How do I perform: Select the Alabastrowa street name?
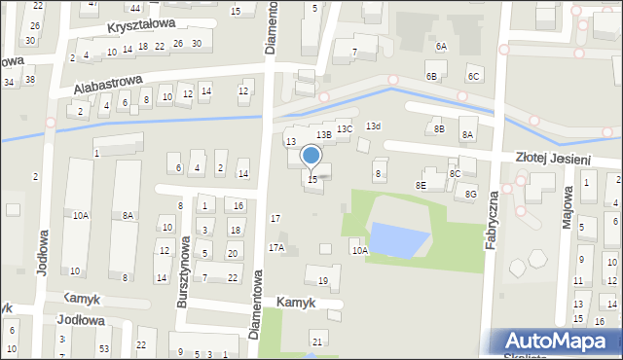(x=108, y=85)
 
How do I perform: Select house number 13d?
(x=373, y=126)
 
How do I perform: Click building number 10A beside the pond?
(x=360, y=251)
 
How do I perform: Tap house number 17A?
(x=276, y=248)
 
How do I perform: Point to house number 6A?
(x=441, y=47)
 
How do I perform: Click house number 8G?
(x=471, y=195)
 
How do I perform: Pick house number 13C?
(x=345, y=128)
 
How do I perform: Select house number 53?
(x=103, y=347)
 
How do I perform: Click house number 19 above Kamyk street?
(x=323, y=281)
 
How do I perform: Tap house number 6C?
(x=473, y=76)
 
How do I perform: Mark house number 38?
(x=30, y=80)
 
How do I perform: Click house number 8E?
(x=421, y=185)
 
